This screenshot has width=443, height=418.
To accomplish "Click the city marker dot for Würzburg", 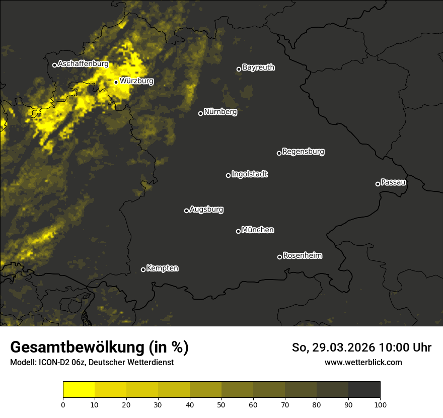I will click(x=116, y=82).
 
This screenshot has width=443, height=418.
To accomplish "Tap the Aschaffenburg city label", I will click(x=83, y=64).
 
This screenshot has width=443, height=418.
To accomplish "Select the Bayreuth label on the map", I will click(x=258, y=67).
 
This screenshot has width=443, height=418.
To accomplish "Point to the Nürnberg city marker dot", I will click(x=200, y=113).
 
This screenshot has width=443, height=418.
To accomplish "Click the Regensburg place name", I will click(x=303, y=151).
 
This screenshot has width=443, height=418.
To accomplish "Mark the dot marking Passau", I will click(x=378, y=184).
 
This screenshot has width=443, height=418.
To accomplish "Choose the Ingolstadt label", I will click(x=250, y=174).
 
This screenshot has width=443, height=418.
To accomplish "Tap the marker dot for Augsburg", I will click(x=186, y=211).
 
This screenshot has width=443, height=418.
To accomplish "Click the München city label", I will click(x=258, y=230).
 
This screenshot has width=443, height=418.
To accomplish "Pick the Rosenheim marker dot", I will click(x=279, y=257).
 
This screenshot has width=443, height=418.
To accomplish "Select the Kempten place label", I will click(x=162, y=268).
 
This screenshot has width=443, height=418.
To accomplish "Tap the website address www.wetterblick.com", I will click(x=363, y=362).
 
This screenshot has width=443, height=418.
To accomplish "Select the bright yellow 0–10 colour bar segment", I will click(x=79, y=390).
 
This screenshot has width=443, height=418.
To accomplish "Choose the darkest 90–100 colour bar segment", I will click(x=364, y=390).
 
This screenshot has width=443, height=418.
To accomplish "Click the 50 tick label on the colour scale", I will click(x=221, y=404).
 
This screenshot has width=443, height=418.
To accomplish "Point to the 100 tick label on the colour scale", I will click(x=380, y=404).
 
